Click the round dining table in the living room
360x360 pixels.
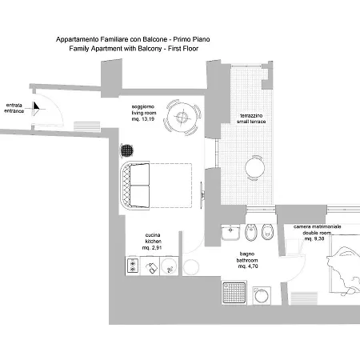182,117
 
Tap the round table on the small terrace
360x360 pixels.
254,168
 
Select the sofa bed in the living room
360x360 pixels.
156,186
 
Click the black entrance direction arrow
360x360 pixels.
36,106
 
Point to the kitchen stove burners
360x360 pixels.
133,266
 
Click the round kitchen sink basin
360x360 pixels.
169,266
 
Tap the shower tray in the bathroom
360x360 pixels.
234,293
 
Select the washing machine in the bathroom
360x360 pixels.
262,295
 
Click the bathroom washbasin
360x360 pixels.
230,232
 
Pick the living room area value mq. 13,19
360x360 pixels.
143,119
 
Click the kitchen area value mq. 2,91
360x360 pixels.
152,248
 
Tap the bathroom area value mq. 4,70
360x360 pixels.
248,266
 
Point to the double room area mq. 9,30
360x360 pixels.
314,238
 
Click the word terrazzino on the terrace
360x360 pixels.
251,115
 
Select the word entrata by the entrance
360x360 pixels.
14,105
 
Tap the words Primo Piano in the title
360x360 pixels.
191,39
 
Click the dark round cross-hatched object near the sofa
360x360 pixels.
126,151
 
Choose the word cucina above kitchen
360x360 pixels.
153,235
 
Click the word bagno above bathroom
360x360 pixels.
247,254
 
